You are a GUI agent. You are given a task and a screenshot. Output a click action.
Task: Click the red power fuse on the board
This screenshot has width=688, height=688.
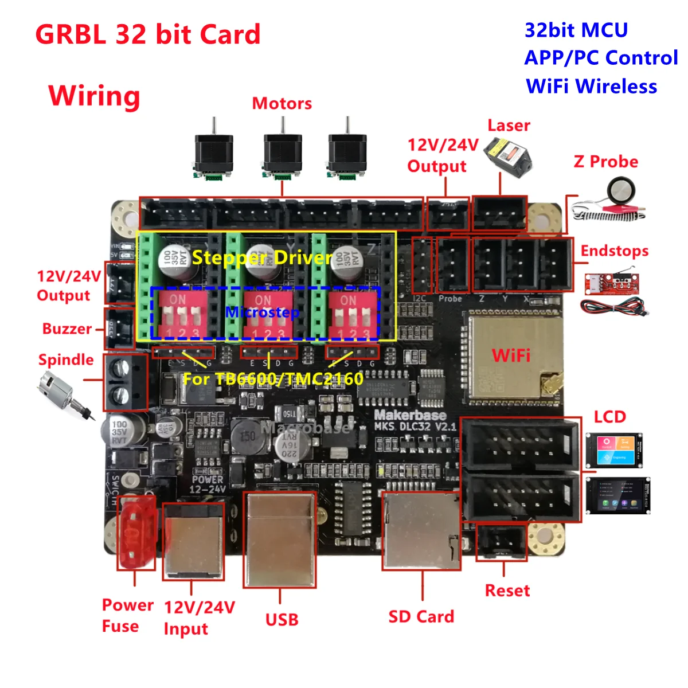coord(136,532)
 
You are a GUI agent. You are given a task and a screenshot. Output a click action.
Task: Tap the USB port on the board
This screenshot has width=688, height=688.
coord(280,539)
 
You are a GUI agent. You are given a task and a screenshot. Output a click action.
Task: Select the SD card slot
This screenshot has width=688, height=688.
coord(421,531)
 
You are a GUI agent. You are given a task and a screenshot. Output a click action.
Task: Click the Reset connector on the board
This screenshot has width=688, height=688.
coord(501,542)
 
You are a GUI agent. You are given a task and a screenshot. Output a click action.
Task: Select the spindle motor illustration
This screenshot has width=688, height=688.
coord(63,393)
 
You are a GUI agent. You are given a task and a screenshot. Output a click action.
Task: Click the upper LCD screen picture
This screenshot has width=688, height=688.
coord(613,450)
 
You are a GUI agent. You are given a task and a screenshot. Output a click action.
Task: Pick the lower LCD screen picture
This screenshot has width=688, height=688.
coord(617,496)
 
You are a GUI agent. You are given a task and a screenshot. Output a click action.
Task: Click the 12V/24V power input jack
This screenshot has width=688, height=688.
coord(193,542)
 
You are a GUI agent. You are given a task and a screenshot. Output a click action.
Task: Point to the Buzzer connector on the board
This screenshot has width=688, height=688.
coord(119,329)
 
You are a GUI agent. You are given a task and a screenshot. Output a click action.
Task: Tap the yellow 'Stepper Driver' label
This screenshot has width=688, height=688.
coord(262,257)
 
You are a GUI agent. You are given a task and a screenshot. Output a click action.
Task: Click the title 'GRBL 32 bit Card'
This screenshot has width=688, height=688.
coord(148,34)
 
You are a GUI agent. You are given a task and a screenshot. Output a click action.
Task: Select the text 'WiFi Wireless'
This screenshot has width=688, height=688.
coord(591,86)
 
